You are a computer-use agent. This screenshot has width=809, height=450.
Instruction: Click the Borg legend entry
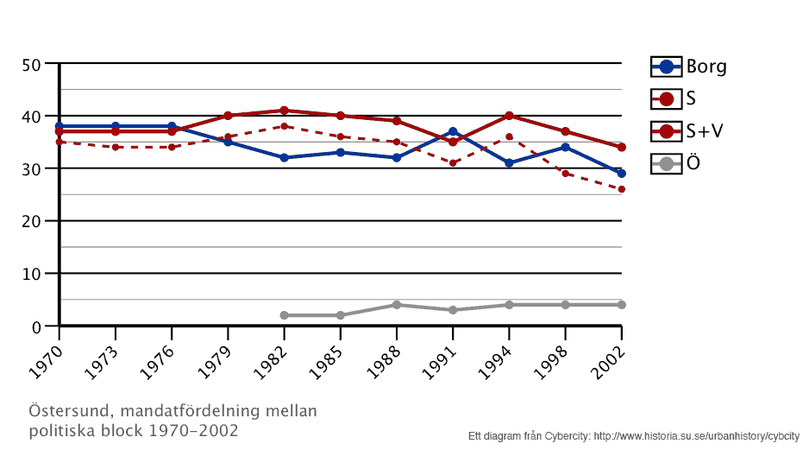coord(688,67)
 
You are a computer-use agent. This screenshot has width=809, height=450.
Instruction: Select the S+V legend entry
coord(688,130)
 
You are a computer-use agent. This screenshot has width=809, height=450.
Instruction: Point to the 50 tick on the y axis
coord(32,64)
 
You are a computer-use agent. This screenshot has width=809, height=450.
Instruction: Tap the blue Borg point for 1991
coord(453,131)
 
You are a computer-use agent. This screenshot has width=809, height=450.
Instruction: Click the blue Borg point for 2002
coord(621,174)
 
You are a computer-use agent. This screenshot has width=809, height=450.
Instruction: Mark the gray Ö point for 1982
coord(284,315)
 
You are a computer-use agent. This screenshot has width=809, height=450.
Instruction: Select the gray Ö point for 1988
coord(396,305)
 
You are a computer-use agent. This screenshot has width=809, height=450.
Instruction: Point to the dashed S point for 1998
coord(565,174)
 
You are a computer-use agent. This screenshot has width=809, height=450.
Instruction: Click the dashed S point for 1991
coord(453,163)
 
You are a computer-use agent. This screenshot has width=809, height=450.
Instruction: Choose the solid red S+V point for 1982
coord(284,111)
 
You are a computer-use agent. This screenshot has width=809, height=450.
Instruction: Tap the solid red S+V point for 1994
coord(509,116)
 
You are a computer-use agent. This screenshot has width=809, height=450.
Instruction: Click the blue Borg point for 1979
coord(228,142)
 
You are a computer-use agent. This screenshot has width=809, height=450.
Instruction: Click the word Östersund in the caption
coord(70,410)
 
